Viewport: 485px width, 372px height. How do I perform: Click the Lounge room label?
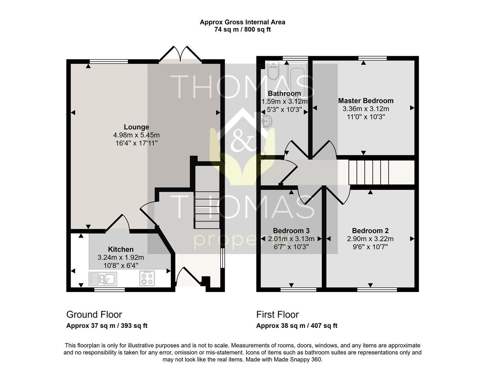click(x=137, y=127)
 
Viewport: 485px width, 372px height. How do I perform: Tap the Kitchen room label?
click(x=121, y=249)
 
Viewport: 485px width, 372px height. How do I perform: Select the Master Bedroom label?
click(x=366, y=101)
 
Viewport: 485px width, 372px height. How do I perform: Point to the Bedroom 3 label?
click(x=291, y=230)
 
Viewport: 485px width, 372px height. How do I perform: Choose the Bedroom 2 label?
click(x=370, y=230)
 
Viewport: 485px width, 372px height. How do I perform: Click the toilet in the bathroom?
click(x=273, y=70)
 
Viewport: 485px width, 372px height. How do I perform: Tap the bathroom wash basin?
click(x=267, y=121)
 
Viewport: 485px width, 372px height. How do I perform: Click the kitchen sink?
click(x=103, y=279)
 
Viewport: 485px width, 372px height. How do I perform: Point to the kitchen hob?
click(x=147, y=278)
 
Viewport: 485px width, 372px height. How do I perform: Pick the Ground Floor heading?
click(x=94, y=314)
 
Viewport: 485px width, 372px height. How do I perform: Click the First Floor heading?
click(x=277, y=314)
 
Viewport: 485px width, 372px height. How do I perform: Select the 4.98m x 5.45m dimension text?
click(x=137, y=135)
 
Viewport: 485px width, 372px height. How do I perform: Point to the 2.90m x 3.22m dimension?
click(x=370, y=239)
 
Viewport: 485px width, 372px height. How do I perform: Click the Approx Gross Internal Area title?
click(x=242, y=22)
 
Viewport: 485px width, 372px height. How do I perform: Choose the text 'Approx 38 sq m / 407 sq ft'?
click(x=297, y=325)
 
